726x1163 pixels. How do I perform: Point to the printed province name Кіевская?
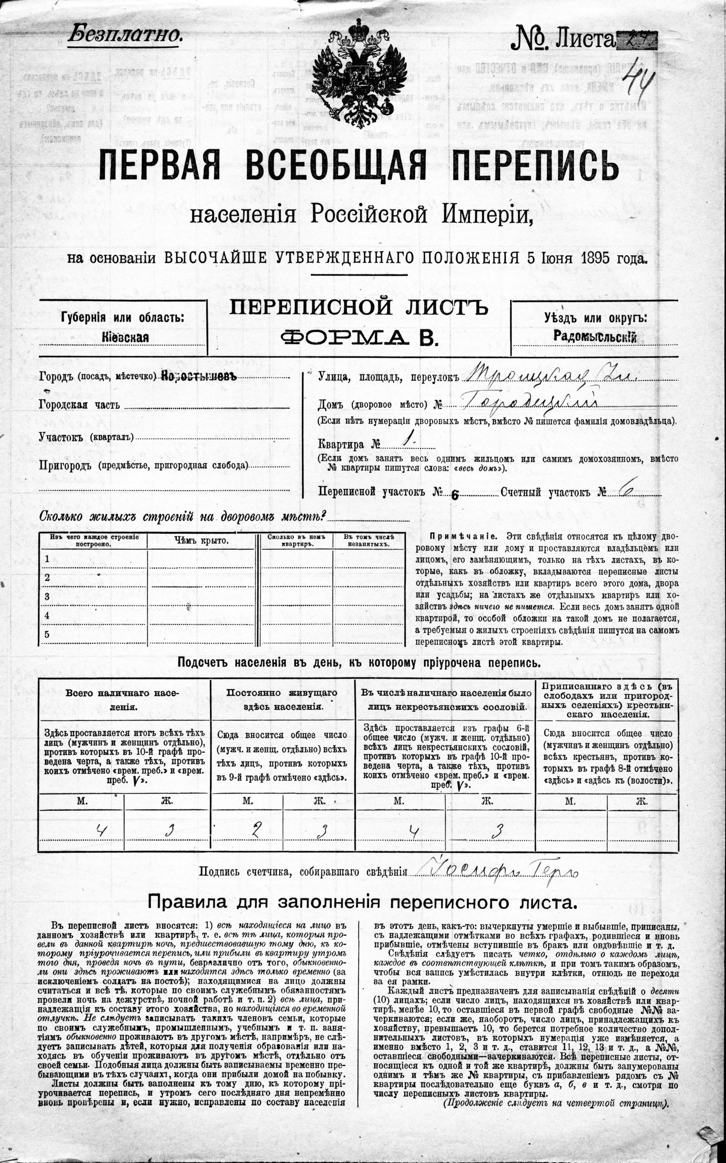125,337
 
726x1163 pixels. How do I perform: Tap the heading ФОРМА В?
359,338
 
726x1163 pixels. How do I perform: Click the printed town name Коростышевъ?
199,376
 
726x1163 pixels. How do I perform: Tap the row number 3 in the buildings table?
47,597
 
